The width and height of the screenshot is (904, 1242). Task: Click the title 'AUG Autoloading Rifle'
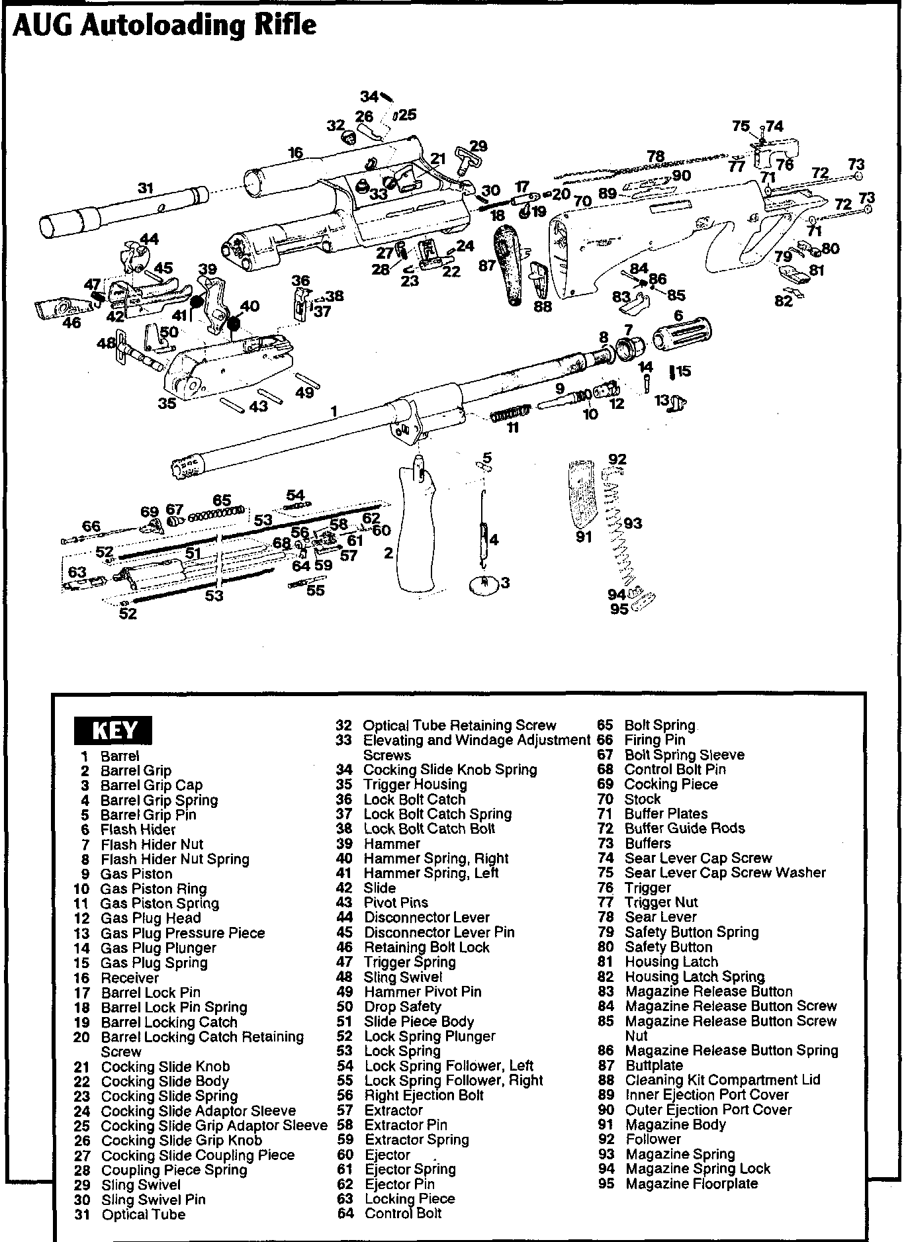click(x=164, y=25)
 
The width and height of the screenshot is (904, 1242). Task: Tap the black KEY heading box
click(x=114, y=730)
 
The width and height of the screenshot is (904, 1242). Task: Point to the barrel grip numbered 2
click(x=416, y=529)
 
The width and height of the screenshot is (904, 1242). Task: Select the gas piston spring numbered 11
click(x=510, y=413)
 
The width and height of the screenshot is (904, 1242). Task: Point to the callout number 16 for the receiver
click(x=295, y=154)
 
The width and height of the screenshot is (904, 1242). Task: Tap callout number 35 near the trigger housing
click(x=167, y=402)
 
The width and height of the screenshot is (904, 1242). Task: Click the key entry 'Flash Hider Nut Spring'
click(x=175, y=860)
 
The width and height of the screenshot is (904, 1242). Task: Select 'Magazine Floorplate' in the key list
click(x=691, y=1184)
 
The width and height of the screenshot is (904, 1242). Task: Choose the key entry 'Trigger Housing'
click(x=415, y=785)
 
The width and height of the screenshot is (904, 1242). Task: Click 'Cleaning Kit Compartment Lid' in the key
click(x=722, y=1080)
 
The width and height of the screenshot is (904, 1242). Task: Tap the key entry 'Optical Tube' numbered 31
click(x=143, y=1214)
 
